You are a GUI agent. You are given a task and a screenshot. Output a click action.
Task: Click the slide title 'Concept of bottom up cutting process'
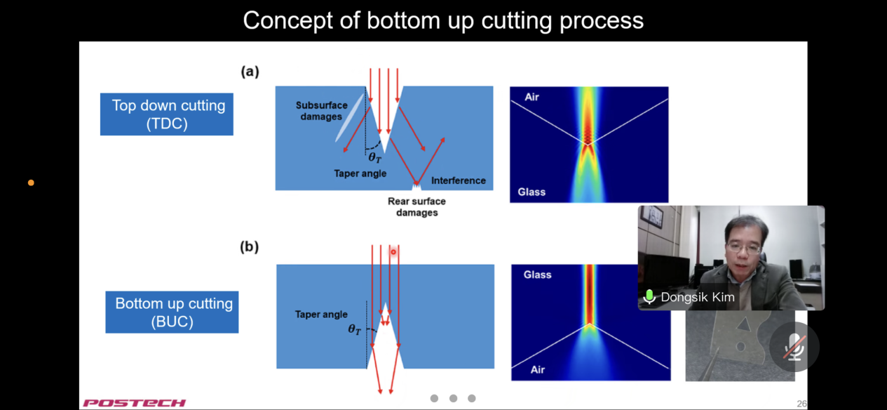[x=443, y=20]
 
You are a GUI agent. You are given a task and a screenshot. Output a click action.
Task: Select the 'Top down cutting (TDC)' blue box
[x=167, y=114]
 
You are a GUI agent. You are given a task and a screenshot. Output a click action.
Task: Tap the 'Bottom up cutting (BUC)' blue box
[x=172, y=312]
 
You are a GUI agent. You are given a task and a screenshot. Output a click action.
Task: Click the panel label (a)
[x=250, y=71]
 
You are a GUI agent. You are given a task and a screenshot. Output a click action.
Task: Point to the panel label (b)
[x=249, y=246]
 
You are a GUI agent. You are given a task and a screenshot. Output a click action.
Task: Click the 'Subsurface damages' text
[x=321, y=111]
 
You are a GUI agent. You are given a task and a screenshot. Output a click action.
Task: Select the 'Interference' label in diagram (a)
[x=458, y=180]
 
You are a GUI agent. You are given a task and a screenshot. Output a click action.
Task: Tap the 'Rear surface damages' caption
[x=417, y=206]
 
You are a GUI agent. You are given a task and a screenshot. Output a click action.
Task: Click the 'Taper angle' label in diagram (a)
[x=360, y=173]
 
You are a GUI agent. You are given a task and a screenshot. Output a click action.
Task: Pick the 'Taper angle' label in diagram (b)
[x=321, y=315]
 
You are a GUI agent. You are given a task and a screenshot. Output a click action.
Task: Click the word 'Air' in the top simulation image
[x=531, y=97]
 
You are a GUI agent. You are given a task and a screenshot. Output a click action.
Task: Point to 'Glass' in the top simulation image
[x=531, y=192]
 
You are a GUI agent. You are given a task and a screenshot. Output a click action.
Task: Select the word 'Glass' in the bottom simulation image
[x=537, y=275]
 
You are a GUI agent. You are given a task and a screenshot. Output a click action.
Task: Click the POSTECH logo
[x=134, y=403]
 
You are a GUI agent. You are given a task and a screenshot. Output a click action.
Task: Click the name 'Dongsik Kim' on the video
[x=697, y=297]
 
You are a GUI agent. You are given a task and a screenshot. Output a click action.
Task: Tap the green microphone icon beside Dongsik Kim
[x=649, y=297]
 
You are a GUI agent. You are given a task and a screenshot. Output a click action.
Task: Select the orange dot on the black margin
[x=31, y=183]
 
